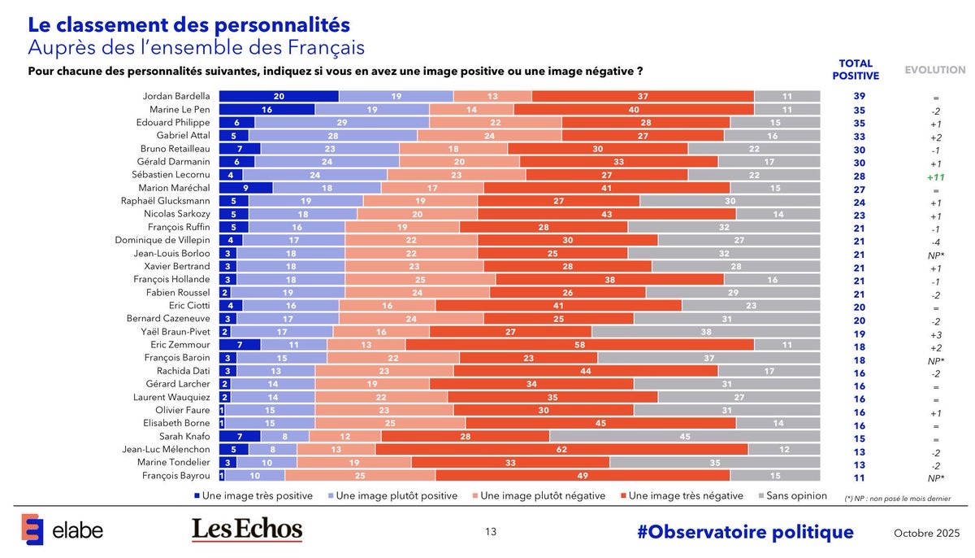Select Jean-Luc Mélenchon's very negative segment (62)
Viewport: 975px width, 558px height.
[x=561, y=449]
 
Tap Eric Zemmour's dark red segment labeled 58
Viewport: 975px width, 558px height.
[x=579, y=345]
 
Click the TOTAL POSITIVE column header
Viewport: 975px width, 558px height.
[x=856, y=69]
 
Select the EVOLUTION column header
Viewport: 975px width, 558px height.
[x=935, y=70]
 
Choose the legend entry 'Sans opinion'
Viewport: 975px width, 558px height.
[x=793, y=495]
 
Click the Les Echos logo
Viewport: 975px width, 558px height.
[x=247, y=530]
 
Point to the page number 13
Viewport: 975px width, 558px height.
[x=491, y=532]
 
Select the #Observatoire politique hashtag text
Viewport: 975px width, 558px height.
[x=745, y=532]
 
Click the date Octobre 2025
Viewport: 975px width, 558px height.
[x=925, y=533]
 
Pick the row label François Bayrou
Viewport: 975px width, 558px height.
[x=177, y=475]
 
